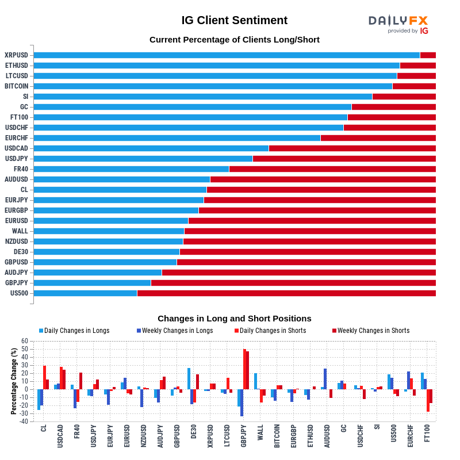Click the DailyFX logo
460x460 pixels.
click(x=398, y=24)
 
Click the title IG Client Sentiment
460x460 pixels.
click(x=234, y=21)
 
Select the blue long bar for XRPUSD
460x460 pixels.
click(x=227, y=55)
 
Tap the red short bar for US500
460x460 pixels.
click(x=286, y=293)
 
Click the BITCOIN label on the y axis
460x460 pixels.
click(x=17, y=86)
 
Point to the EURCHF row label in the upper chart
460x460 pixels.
click(x=16, y=138)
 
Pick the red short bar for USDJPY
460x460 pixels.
click(x=344, y=159)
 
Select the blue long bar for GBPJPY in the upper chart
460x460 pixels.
click(x=92, y=283)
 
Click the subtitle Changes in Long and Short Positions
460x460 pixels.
click(x=234, y=319)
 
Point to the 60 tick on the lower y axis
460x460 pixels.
click(x=25, y=341)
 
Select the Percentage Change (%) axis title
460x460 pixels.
click(x=14, y=381)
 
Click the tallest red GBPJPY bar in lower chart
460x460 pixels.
click(x=244, y=369)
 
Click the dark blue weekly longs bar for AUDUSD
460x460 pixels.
click(x=325, y=379)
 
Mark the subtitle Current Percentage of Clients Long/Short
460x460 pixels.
click(x=234, y=40)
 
